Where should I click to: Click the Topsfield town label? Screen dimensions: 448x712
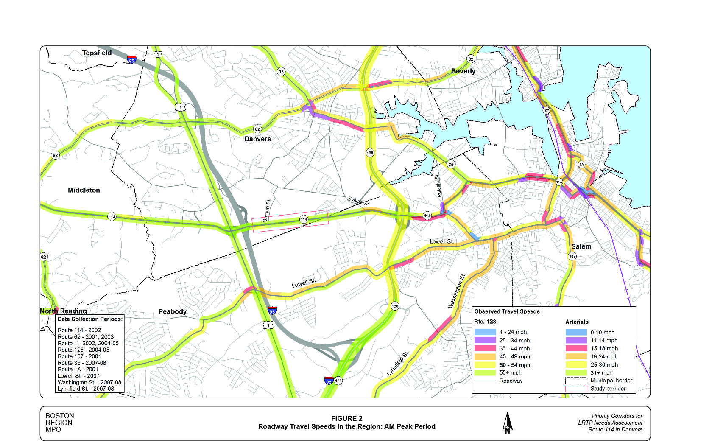(97, 53)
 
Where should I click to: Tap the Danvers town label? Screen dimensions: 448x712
(257, 139)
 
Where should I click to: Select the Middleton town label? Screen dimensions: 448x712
(84, 190)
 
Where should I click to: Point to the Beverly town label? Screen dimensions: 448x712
(463, 71)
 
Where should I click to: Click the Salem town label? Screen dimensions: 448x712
(581, 246)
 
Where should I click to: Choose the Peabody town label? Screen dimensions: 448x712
(172, 311)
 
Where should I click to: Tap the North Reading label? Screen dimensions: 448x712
(63, 311)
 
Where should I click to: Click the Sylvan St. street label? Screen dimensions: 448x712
(359, 202)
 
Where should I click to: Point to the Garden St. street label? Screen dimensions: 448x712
(267, 211)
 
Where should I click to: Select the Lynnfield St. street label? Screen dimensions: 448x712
(398, 364)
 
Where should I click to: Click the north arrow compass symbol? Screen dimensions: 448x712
(507, 423)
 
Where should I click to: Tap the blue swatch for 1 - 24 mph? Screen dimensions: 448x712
(485, 332)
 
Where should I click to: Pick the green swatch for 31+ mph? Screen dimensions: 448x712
(576, 372)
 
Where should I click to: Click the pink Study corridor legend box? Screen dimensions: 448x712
(576, 389)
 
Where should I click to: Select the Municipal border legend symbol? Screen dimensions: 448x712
(576, 381)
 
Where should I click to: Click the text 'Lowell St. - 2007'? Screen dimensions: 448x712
(78, 375)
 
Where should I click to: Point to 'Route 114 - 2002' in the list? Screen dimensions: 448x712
(79, 330)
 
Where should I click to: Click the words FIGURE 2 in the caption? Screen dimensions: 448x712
(346, 418)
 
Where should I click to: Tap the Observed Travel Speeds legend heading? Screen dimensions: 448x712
(507, 311)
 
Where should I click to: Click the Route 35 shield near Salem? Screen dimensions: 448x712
(451, 164)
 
